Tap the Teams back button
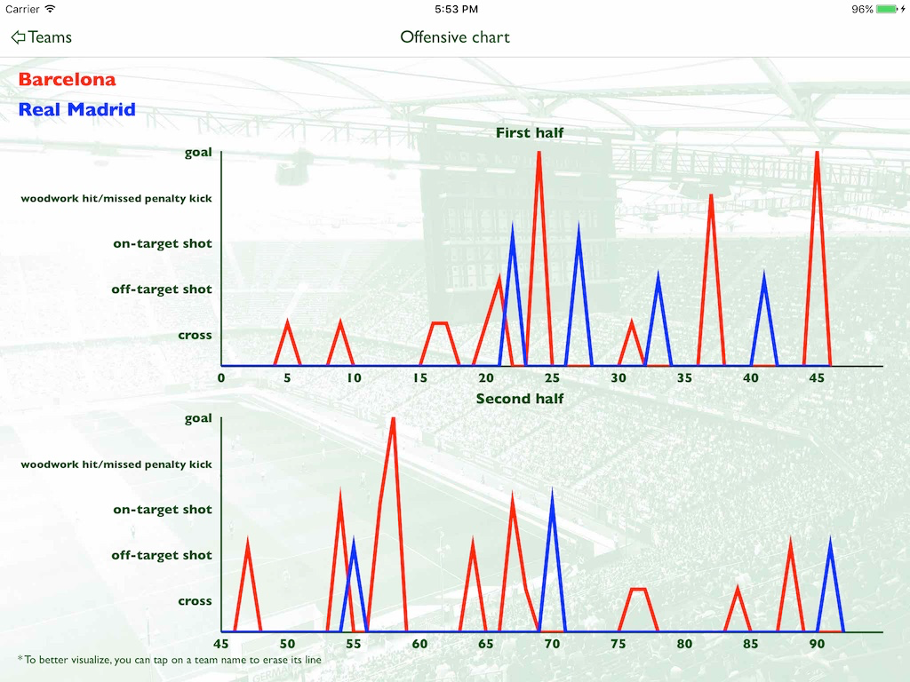[41, 37]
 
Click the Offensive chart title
[455, 37]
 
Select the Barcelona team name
[67, 80]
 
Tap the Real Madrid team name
[77, 110]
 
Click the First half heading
[530, 133]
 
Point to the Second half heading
[520, 399]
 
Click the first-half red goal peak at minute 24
[539, 155]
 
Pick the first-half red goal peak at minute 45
[817, 155]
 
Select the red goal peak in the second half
[393, 421]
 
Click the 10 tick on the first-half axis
[354, 377]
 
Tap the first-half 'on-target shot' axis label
[163, 243]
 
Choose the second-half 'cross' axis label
[195, 601]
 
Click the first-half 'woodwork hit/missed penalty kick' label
[116, 198]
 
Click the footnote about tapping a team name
[170, 660]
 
